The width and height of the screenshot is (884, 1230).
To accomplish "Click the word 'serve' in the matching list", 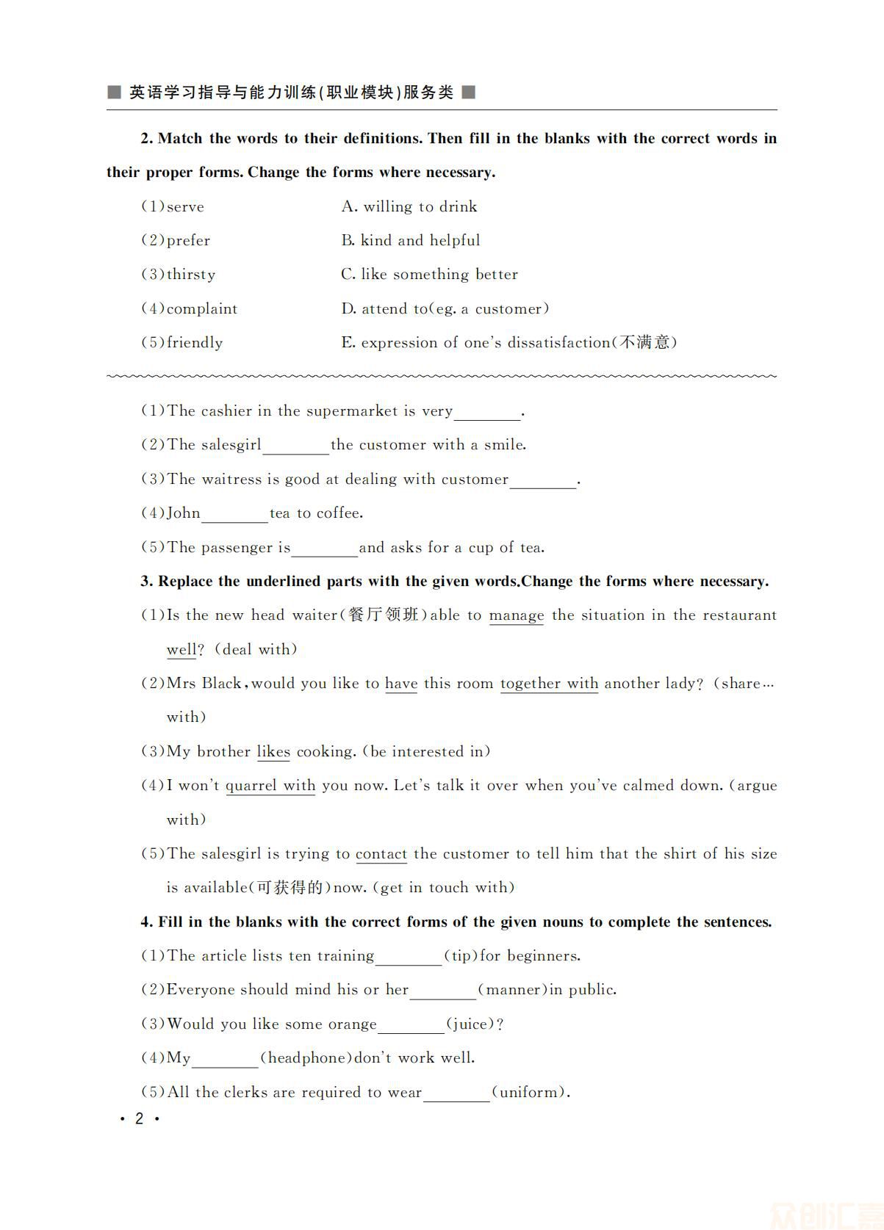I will (185, 207).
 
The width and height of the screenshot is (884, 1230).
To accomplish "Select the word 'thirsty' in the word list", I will (191, 275).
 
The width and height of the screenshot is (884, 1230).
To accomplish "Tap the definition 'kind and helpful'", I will (420, 241).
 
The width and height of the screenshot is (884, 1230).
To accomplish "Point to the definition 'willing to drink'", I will (420, 207).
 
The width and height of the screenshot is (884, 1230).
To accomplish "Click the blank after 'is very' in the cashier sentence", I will (487, 413).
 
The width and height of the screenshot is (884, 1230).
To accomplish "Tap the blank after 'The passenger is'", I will (325, 549).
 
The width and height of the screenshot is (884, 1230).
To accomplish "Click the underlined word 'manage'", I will (517, 615).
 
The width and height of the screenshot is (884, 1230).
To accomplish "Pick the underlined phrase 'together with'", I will (549, 684).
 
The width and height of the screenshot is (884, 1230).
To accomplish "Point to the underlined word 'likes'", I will (273, 752).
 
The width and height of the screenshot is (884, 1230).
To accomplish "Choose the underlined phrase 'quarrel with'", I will (270, 786).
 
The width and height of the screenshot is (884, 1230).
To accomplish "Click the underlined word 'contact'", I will (381, 854).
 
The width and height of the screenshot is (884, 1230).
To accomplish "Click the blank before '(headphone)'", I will (225, 1060).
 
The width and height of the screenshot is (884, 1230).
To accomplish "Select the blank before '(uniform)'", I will (456, 1094).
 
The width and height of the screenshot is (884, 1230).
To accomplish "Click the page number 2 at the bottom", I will (139, 1119).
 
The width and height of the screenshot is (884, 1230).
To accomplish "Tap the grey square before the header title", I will (114, 93).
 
